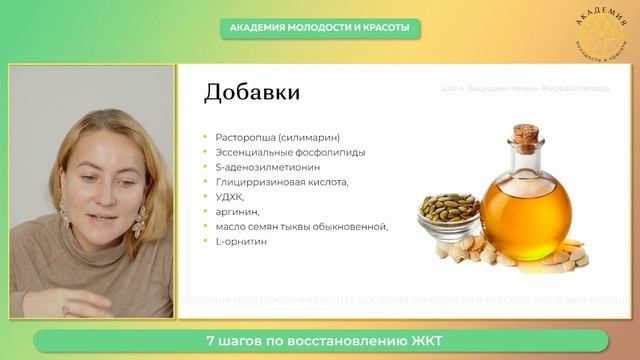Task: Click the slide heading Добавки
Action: click(251, 93)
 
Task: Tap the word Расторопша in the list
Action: click(242, 137)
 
